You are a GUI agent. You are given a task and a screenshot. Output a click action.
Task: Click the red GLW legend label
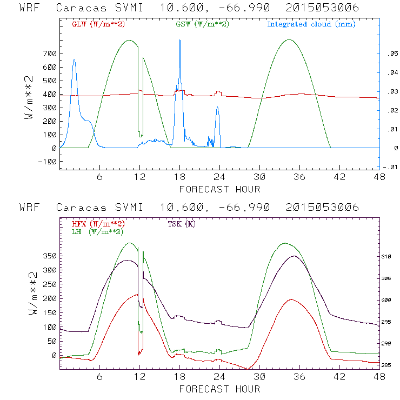point(94,24)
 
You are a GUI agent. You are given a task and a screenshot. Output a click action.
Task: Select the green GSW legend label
point(197,24)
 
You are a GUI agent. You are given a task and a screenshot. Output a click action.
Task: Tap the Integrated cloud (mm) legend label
point(311,24)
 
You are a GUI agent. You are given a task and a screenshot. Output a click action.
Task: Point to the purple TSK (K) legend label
point(182,224)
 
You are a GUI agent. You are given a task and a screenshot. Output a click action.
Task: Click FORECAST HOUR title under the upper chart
point(219,189)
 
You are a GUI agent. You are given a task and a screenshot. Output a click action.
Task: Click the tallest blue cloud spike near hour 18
point(180,42)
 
